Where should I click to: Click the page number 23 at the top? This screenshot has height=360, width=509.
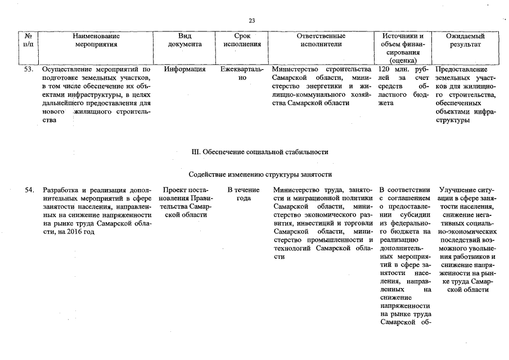point(251,21)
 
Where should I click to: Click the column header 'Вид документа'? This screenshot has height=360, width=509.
point(184,40)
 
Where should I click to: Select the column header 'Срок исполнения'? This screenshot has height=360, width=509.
point(242,40)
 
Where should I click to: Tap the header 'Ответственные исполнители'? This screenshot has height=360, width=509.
point(321,40)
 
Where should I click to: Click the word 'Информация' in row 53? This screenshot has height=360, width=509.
point(184,70)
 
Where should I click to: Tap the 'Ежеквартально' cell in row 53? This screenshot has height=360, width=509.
point(242,74)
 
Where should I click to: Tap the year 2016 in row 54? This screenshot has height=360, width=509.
point(70,232)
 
